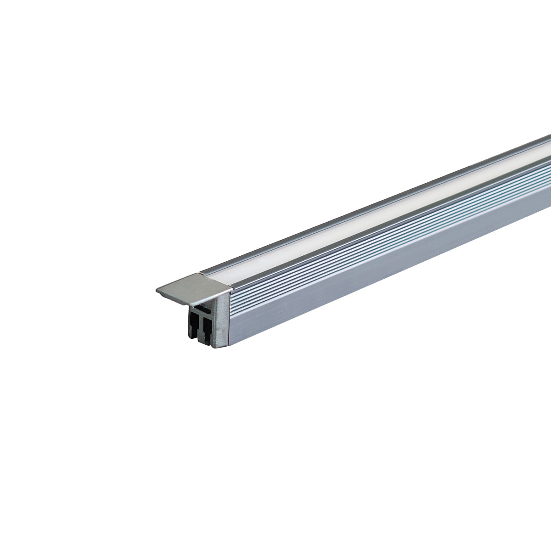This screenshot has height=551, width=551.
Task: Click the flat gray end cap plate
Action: pyautogui.click(x=193, y=287)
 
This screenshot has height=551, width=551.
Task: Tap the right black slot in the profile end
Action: pyautogui.click(x=206, y=328)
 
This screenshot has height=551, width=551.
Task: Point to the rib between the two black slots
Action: pyautogui.click(x=200, y=327)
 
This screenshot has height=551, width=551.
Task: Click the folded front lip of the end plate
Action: pyautogui.click(x=193, y=298)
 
